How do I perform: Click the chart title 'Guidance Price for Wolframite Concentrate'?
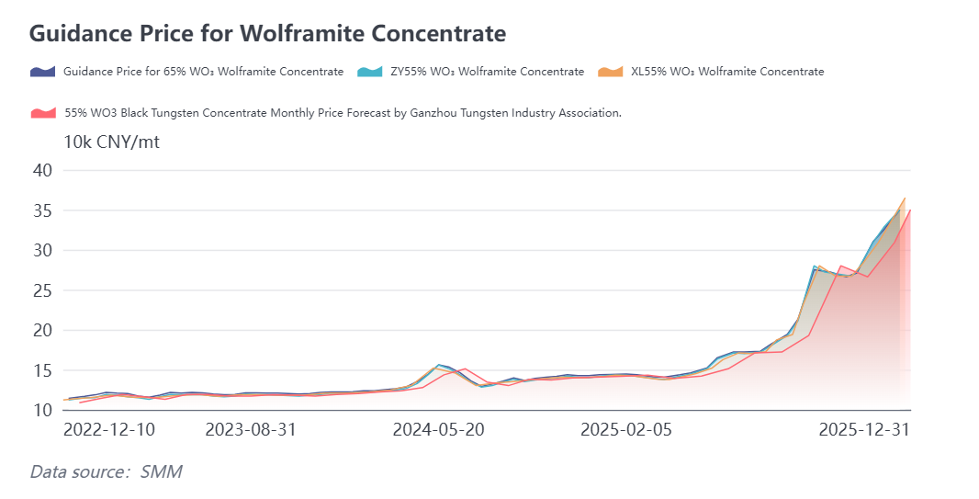click(267, 34)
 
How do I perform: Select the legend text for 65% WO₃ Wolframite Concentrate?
click(203, 72)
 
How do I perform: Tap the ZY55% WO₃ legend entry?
click(487, 72)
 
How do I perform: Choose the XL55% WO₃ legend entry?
click(726, 72)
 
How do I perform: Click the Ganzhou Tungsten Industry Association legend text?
click(343, 113)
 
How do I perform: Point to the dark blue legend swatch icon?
click(43, 72)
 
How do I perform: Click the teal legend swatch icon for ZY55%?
click(369, 72)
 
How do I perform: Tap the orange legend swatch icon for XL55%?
click(610, 72)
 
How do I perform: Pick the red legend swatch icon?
click(43, 113)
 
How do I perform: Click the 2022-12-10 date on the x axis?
click(108, 430)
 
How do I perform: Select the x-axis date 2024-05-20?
click(438, 430)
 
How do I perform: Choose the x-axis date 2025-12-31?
click(863, 430)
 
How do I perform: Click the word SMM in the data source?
click(161, 472)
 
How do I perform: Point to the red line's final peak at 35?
click(909, 210)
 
